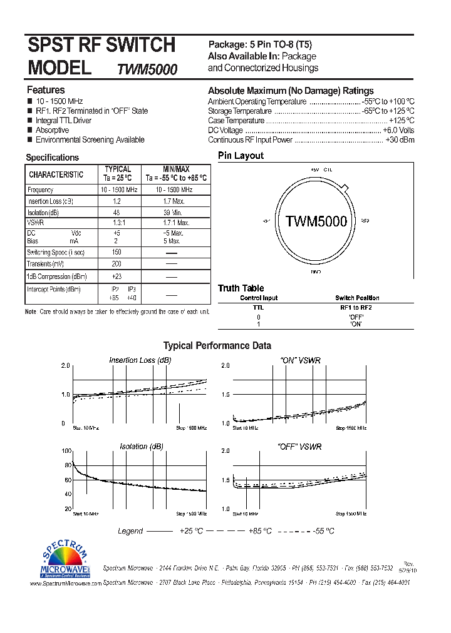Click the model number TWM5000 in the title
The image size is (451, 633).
coord(147,69)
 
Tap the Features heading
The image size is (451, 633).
coord(46,90)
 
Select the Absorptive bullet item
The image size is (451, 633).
coord(52,130)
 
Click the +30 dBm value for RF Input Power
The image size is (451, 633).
coord(400,140)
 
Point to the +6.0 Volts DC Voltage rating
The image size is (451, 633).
coord(398,130)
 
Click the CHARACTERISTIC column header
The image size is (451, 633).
coord(56,175)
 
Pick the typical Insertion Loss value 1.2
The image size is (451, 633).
coord(117,201)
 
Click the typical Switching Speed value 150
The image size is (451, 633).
coord(117,252)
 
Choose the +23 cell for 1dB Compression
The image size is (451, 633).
coord(117,276)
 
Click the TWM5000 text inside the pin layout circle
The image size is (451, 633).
coord(316,221)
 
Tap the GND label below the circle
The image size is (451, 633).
coord(316,272)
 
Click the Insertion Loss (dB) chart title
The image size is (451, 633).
coord(140,360)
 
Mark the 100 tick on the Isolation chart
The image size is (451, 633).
coord(66,451)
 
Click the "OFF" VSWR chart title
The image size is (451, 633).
coord(300,447)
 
